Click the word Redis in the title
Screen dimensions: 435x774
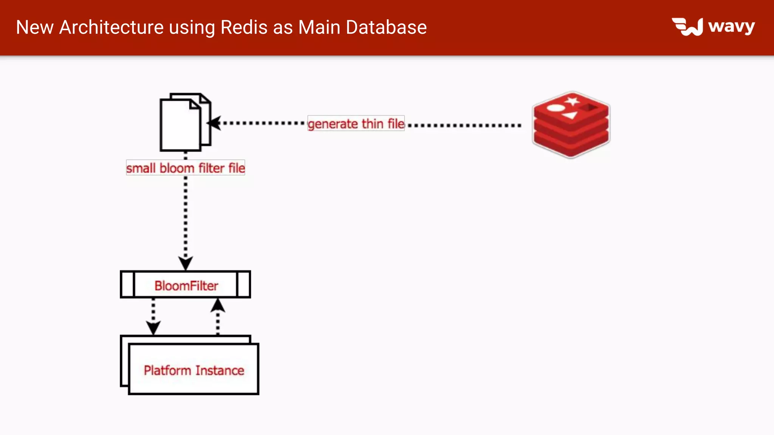pos(244,28)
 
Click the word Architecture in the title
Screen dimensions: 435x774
pos(111,28)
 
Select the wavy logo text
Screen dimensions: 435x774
pos(731,27)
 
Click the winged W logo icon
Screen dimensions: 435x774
pos(687,27)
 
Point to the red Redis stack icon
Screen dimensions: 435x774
pos(571,125)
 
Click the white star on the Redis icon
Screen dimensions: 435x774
pos(572,101)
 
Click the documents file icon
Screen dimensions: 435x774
pos(185,122)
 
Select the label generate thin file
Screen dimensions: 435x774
pos(356,124)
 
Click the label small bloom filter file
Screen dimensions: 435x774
pos(185,168)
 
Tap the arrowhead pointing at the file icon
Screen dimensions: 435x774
pos(214,123)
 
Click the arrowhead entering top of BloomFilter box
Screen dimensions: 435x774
pos(186,263)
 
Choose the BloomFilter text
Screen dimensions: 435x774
pos(186,286)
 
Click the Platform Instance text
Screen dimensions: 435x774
pos(193,370)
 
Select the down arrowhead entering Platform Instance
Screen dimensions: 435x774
pos(153,327)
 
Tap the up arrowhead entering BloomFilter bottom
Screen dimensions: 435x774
pos(218,305)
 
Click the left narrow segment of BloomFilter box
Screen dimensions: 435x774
pos(128,284)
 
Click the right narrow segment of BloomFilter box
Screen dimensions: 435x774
pos(243,284)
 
